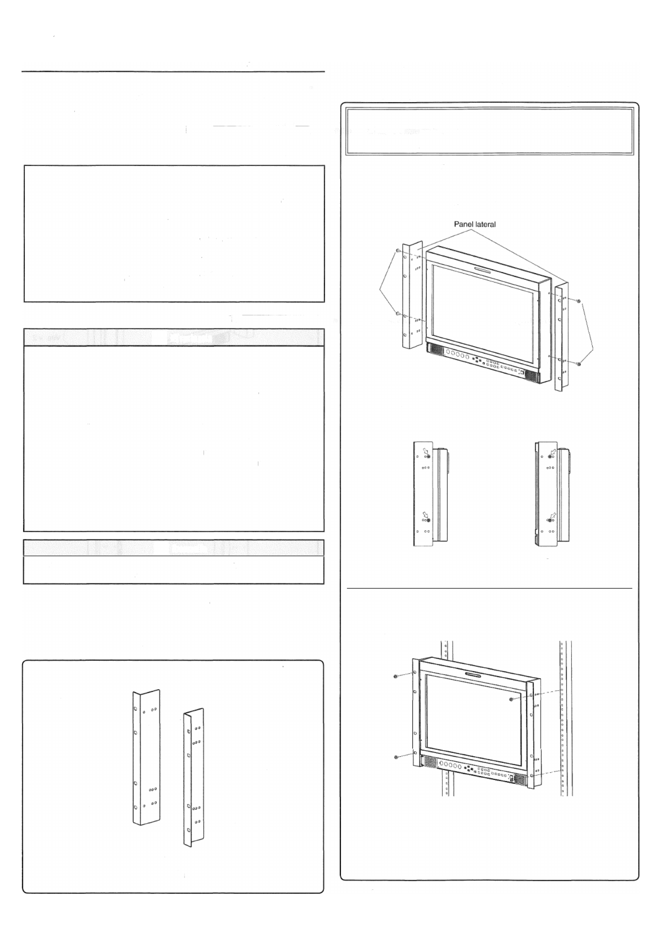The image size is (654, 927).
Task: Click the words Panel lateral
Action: pyautogui.click(x=475, y=225)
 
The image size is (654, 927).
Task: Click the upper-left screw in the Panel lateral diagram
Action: pyautogui.click(x=398, y=251)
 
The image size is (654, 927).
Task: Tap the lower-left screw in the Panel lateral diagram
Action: pyautogui.click(x=398, y=313)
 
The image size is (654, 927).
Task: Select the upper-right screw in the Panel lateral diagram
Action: pyautogui.click(x=579, y=301)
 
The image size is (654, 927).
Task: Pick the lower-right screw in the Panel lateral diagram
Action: pyautogui.click(x=579, y=364)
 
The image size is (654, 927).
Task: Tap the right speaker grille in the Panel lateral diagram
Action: pyautogui.click(x=532, y=377)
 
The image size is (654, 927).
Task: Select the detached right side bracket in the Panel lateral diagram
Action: pyautogui.click(x=561, y=336)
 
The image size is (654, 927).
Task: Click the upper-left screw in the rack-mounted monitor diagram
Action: pyautogui.click(x=396, y=677)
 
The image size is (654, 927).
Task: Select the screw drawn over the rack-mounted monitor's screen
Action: pyautogui.click(x=513, y=700)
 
